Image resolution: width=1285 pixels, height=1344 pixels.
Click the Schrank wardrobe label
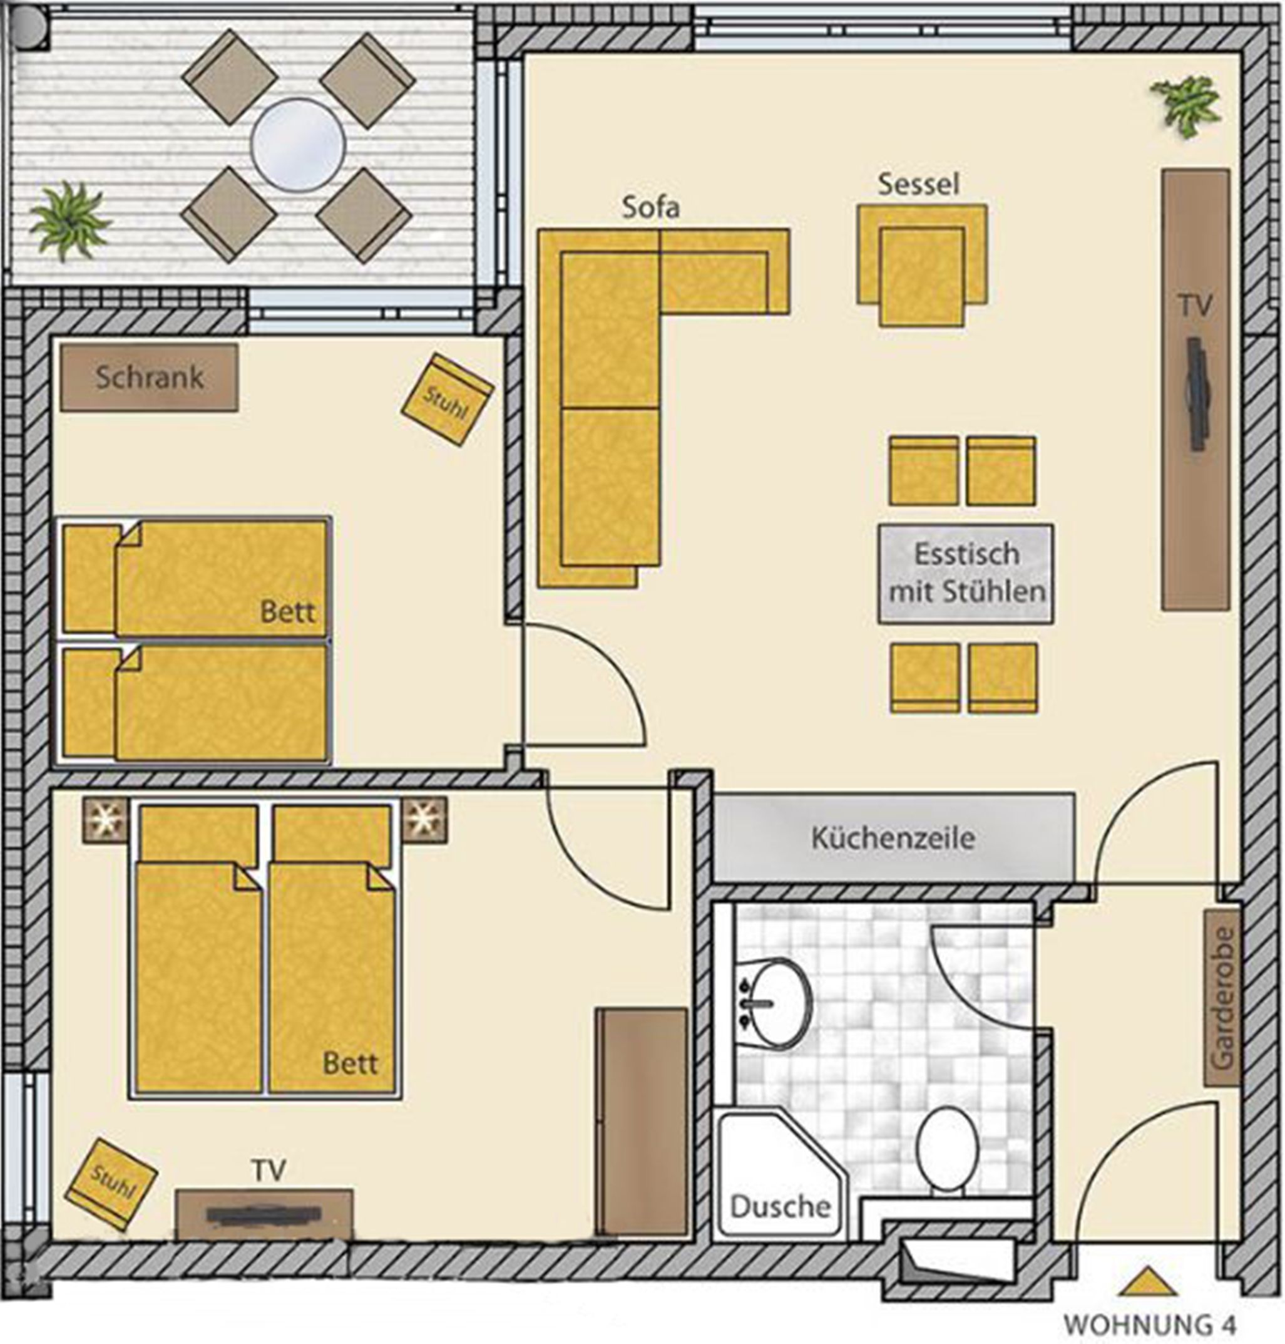tap(150, 378)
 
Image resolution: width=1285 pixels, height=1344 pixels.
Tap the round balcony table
tap(297, 145)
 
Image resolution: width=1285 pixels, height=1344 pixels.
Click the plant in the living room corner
tap(1185, 106)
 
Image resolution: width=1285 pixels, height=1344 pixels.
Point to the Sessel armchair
tap(922, 264)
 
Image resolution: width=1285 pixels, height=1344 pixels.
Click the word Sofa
tap(650, 207)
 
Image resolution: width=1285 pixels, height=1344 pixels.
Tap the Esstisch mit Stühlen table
tap(966, 574)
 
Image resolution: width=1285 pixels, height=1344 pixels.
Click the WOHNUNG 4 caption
tap(1150, 1324)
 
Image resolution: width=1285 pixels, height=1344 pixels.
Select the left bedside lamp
tap(105, 819)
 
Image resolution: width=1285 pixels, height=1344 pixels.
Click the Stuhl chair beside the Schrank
tap(447, 400)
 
